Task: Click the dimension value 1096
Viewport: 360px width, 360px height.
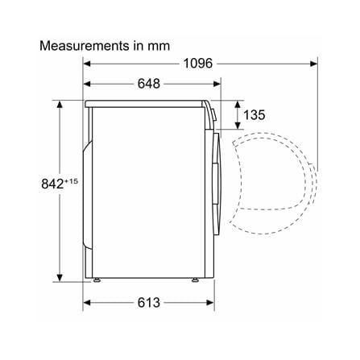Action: [x=198, y=64]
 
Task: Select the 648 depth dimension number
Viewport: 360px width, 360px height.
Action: [x=149, y=84]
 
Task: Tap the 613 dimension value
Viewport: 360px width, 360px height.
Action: [x=149, y=303]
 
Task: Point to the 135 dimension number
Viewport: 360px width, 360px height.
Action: [x=254, y=115]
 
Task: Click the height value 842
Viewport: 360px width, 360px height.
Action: [x=52, y=184]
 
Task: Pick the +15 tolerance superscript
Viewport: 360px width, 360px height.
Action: [x=71, y=181]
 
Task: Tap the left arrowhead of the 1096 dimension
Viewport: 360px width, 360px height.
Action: [x=87, y=64]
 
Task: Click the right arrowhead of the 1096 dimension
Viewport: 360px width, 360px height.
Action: [x=314, y=64]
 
